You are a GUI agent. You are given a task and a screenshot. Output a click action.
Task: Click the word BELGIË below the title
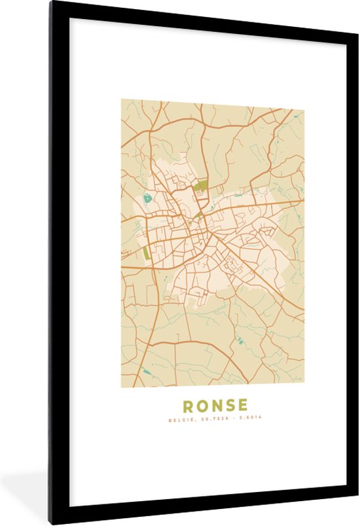coord(179,419)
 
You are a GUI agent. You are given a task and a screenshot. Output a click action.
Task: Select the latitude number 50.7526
coord(211,419)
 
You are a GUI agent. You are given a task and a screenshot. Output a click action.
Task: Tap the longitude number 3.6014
coord(249,419)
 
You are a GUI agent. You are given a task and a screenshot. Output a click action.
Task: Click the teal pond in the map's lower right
coord(239,340)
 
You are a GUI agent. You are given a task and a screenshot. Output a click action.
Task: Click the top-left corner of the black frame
coord(50,3)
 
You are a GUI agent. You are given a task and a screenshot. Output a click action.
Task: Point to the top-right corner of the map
coord(304,100)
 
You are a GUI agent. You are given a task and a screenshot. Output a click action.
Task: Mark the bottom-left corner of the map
coord(122,387)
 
